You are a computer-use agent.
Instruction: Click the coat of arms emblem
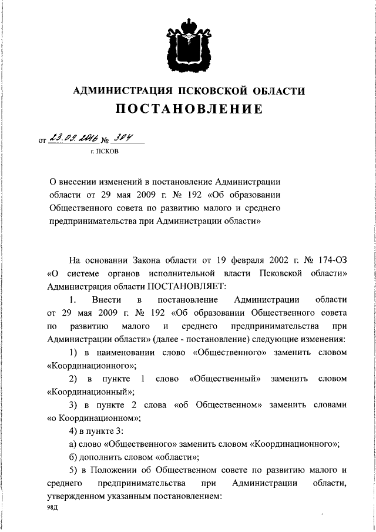188,43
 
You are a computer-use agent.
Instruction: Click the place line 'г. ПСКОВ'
103,151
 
